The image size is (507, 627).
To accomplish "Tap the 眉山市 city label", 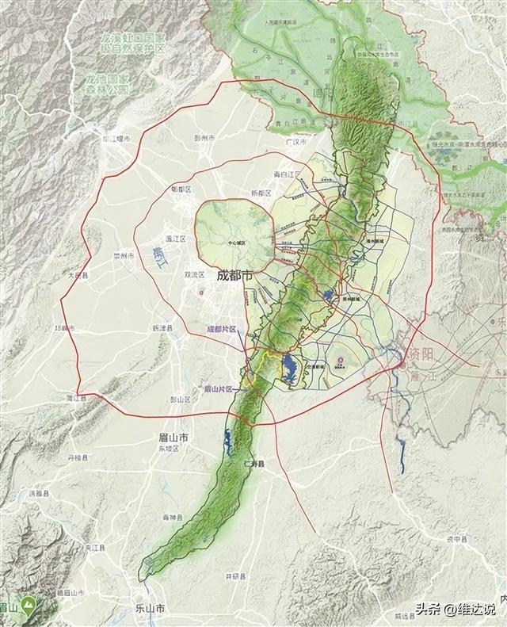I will click(172, 437).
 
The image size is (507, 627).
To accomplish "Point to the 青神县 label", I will click(173, 518).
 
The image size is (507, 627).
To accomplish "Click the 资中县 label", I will click(456, 539).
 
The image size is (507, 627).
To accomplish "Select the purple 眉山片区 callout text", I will click(218, 389).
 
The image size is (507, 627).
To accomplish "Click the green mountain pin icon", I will click(30, 605).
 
